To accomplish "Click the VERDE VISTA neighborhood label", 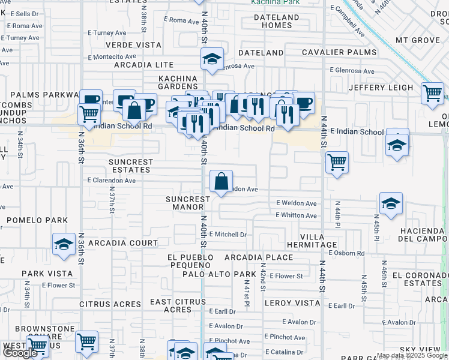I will click(x=133, y=45).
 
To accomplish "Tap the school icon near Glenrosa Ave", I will click(x=212, y=59).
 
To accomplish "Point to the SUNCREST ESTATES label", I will click(x=131, y=166).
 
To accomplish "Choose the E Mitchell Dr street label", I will click(x=228, y=235).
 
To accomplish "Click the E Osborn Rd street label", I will click(x=347, y=253).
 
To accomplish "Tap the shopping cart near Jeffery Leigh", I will click(x=432, y=93).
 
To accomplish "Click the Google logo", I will click(x=20, y=353).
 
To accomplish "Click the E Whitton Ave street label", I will click(x=297, y=215).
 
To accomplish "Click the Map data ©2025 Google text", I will click(x=412, y=355).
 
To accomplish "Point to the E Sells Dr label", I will click(x=24, y=13).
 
